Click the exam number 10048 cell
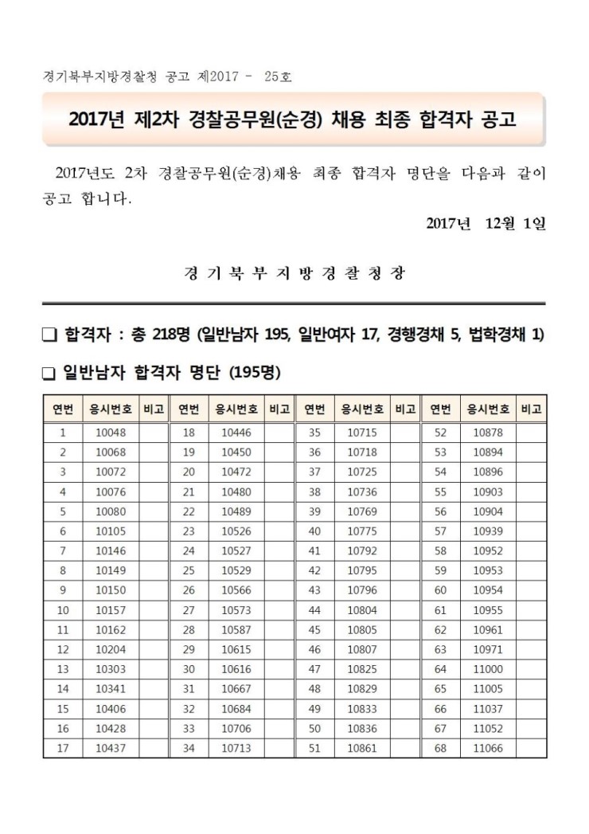pos(106,433)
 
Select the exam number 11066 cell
pos(488,747)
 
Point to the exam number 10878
pos(488,433)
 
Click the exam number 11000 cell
pos(488,668)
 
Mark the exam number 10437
pos(106,747)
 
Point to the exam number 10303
pos(106,668)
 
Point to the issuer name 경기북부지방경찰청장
pos(294,273)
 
